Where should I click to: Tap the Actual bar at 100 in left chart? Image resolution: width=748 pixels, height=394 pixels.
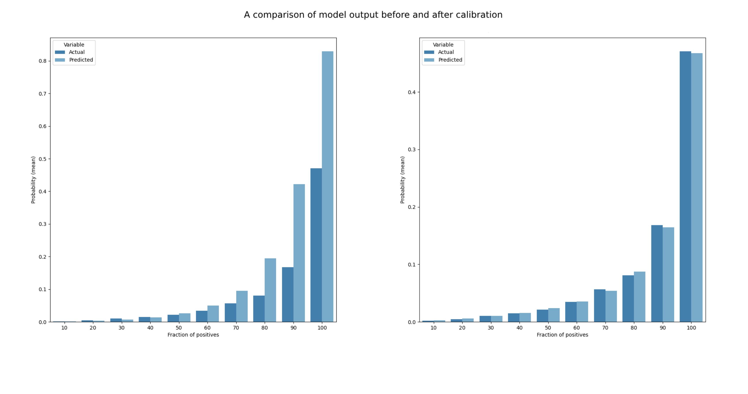coord(316,245)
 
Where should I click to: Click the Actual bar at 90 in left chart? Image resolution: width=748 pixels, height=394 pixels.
coord(288,295)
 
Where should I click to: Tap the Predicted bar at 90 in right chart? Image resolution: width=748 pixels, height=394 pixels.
coord(668,274)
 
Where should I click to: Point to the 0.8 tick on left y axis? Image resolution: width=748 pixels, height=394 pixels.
coord(43,61)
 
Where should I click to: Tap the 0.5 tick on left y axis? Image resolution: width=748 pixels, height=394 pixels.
coord(43,159)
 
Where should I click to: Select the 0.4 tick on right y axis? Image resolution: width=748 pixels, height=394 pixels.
coord(412,92)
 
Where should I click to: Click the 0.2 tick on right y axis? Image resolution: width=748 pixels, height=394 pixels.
coord(412,207)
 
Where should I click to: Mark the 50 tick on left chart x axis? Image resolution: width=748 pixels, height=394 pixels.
coord(179,328)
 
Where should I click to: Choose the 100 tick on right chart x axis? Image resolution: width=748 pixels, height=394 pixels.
coord(691,328)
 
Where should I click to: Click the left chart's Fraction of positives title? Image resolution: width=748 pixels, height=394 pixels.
coord(193,335)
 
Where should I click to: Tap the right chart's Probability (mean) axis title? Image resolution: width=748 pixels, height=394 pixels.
coord(403,180)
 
